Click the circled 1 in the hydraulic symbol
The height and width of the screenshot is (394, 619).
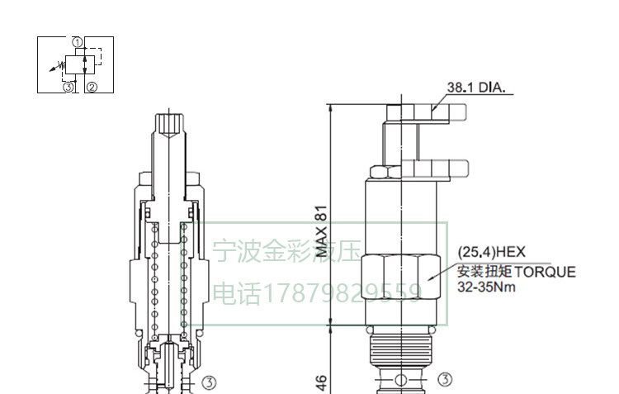pyautogui.click(x=77, y=41)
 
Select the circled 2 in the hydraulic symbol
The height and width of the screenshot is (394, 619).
pyautogui.click(x=92, y=86)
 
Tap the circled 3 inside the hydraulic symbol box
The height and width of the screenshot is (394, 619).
pyautogui.click(x=69, y=86)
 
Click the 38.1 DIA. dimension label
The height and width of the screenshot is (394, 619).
pyautogui.click(x=476, y=87)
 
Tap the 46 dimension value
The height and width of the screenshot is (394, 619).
pyautogui.click(x=322, y=381)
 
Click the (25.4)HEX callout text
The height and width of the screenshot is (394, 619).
pyautogui.click(x=491, y=253)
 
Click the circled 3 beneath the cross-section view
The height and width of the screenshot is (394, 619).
pyautogui.click(x=209, y=382)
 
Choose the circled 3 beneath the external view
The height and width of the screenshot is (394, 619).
pyautogui.click(x=445, y=380)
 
